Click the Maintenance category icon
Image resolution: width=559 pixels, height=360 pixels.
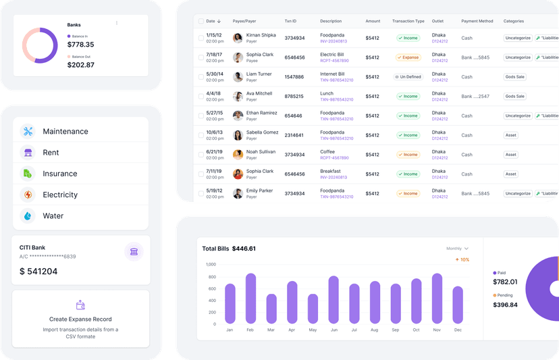28,131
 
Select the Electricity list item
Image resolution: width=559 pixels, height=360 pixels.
60,195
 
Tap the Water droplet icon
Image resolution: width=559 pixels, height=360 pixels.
28,216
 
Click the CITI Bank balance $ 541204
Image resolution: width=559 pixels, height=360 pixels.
38,272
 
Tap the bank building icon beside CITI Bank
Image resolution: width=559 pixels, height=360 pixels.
134,252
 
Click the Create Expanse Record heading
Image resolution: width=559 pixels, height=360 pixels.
80,319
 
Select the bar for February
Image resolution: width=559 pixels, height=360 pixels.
250,299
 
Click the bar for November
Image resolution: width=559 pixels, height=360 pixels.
437,299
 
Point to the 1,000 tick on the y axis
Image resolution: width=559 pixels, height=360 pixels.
210,264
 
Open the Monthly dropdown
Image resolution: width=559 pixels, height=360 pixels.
457,249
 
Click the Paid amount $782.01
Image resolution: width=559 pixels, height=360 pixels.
505,282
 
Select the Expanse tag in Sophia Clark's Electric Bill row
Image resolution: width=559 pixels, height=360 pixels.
408,57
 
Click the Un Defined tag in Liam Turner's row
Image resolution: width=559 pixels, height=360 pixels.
408,77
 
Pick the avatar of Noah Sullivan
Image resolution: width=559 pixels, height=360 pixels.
238,155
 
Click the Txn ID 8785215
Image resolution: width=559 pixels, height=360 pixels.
294,97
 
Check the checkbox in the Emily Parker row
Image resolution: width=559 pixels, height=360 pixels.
201,194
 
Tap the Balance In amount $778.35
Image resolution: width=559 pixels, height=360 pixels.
80,45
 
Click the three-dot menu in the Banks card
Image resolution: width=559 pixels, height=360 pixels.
117,24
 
